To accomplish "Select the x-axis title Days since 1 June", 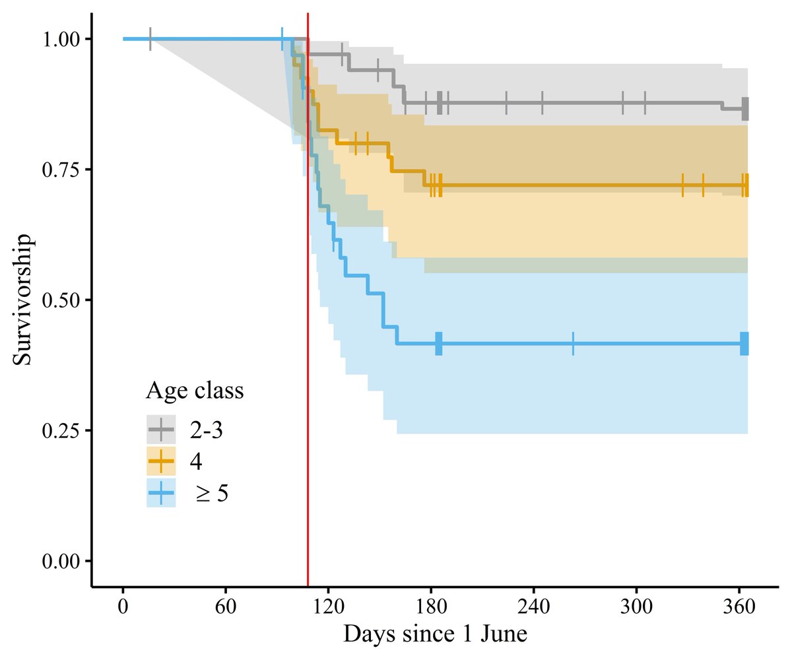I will tap(435, 634).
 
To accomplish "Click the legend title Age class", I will tap(195, 391).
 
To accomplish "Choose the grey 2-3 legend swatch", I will tap(161, 430).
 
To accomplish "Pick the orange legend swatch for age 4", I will tap(161, 461).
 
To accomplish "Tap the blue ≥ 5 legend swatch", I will tap(161, 493).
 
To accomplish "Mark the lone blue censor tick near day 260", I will tap(573, 344).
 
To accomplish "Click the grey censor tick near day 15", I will tap(150, 39).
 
